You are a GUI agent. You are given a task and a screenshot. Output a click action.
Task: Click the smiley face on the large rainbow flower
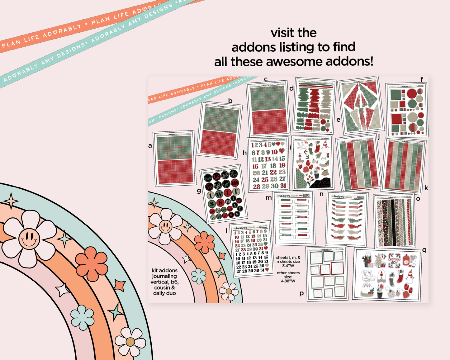point(29,239)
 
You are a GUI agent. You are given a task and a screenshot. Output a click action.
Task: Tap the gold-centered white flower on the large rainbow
point(130,342)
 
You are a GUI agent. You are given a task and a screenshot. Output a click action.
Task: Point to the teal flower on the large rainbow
point(82,317)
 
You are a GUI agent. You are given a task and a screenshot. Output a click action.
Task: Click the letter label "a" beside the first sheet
point(150,145)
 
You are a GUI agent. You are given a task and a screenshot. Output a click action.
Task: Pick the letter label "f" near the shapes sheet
point(422,79)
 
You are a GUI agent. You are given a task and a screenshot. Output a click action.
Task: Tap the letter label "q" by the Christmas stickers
point(424,249)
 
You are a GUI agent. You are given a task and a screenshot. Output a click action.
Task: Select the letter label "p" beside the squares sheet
point(301,293)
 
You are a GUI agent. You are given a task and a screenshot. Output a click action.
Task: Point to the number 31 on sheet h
point(283,186)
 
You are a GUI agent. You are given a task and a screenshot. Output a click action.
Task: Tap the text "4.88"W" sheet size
point(288,281)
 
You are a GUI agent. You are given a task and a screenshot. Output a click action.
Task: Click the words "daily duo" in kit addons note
point(164,293)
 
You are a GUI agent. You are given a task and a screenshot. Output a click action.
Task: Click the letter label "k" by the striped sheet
point(426,188)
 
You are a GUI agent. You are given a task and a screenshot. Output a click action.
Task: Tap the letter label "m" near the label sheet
point(268,197)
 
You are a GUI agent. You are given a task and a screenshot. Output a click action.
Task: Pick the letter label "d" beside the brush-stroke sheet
point(291,88)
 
